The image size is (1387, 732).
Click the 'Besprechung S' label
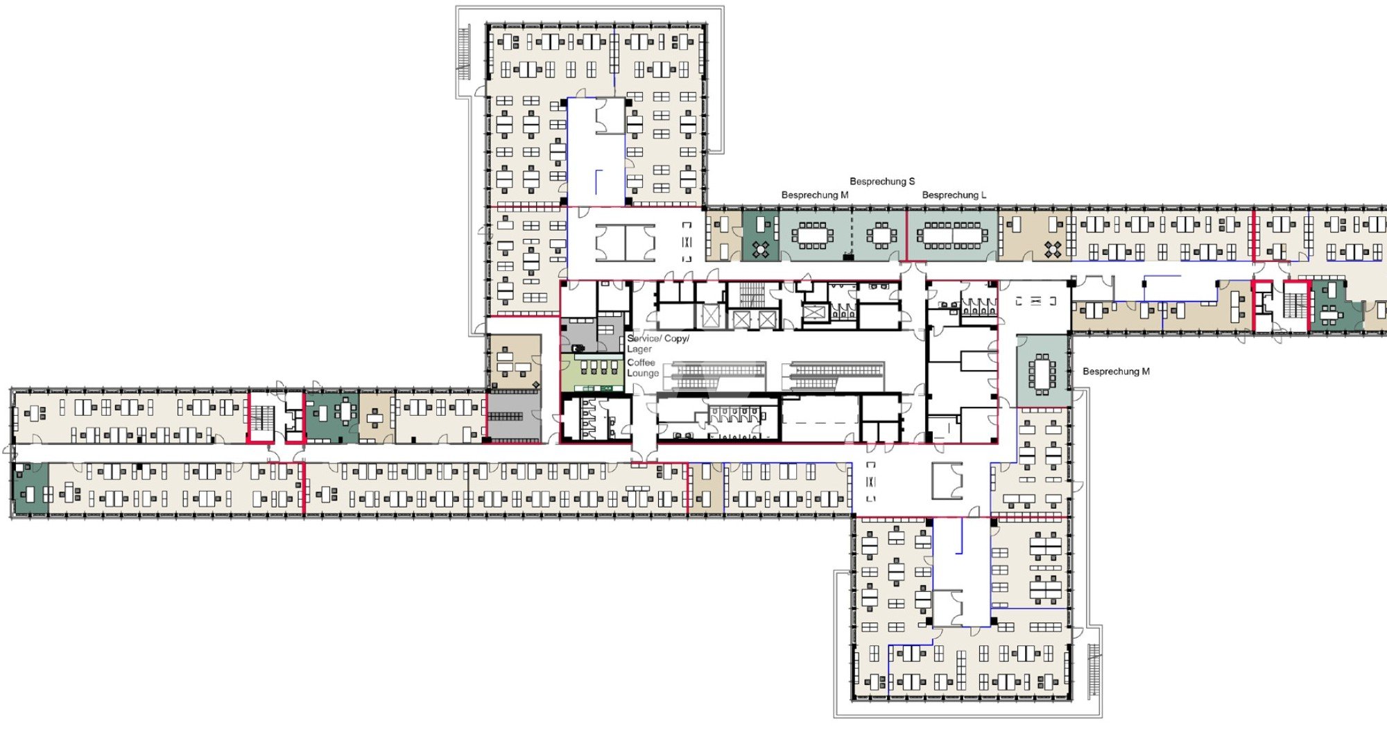pyautogui.click(x=882, y=182)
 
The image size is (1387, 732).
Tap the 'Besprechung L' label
pyautogui.click(x=954, y=195)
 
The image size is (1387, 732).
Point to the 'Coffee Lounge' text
pyautogui.click(x=643, y=368)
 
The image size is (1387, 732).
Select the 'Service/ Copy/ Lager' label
pyautogui.click(x=658, y=344)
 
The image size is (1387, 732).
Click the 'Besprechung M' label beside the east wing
pyautogui.click(x=1116, y=372)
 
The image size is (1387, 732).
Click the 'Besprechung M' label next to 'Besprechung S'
pyautogui.click(x=815, y=195)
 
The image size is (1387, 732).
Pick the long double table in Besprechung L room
pyautogui.click(x=953, y=236)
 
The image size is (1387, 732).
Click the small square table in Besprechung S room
pyautogui.click(x=881, y=236)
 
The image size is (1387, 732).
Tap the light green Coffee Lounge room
pyautogui.click(x=592, y=373)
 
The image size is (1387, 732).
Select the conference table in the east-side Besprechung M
pyautogui.click(x=1042, y=374)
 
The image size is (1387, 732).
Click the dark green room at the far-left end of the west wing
pyautogui.click(x=31, y=489)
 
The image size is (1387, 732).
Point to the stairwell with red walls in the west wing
pyautogui.click(x=262, y=417)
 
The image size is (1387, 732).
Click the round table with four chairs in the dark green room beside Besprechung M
pyautogui.click(x=761, y=250)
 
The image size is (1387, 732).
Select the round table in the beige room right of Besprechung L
pyautogui.click(x=1053, y=249)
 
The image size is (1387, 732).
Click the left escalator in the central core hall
pyautogui.click(x=718, y=376)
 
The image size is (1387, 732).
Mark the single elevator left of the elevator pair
pyautogui.click(x=711, y=317)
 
